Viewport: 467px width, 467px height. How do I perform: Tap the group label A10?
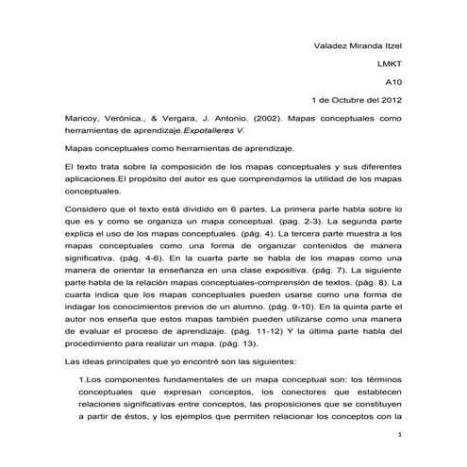[x=393, y=82]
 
